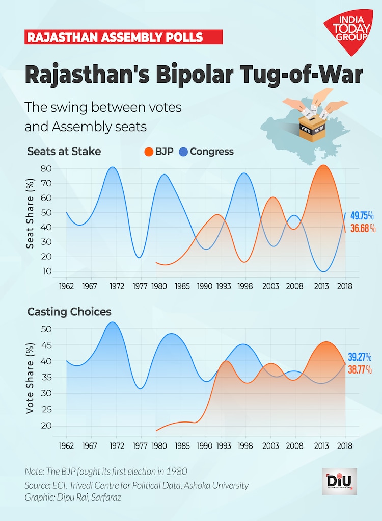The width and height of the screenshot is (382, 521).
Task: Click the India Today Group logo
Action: tap(348, 32)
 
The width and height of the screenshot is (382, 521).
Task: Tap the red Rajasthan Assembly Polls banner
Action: tap(123, 37)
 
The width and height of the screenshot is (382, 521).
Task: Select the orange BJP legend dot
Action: tap(149, 152)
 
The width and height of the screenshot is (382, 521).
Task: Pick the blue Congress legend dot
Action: tap(183, 152)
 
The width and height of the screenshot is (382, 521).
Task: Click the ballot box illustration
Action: tap(312, 127)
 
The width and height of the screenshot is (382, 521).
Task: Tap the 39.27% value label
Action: tap(360, 357)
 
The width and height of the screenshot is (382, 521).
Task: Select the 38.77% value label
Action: tap(360, 369)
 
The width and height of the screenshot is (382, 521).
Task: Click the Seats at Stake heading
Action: tap(64, 151)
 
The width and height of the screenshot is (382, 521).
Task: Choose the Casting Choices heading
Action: tap(69, 311)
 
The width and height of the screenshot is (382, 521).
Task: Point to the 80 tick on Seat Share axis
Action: tap(46, 168)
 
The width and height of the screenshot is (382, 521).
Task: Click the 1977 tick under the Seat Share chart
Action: tap(141, 287)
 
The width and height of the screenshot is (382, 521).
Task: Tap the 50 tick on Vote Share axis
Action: tap(46, 329)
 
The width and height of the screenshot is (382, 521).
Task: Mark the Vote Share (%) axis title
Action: tap(31, 378)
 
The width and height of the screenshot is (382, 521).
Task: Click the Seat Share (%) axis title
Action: tap(31, 213)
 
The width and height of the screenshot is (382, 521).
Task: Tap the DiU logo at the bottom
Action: tap(340, 481)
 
